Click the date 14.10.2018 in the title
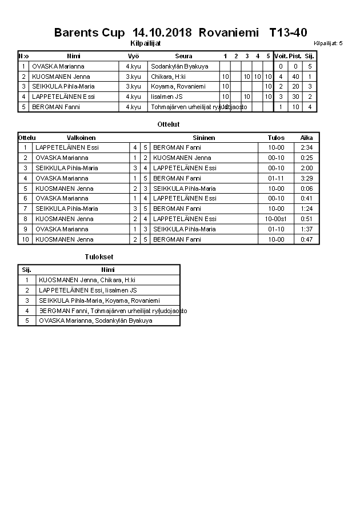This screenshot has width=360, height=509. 163,33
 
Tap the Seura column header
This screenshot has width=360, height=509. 183,56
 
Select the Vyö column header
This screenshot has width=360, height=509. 133,56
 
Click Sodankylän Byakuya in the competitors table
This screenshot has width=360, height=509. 179,66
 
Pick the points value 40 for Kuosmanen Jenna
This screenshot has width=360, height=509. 295,77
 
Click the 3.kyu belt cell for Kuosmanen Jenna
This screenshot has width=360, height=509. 133,77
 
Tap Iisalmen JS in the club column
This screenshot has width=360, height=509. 167,97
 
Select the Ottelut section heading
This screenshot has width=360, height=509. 169,124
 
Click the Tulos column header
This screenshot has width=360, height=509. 276,138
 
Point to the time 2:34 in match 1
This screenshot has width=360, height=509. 306,147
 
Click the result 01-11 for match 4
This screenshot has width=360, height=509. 276,178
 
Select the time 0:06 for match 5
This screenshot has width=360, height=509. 306,189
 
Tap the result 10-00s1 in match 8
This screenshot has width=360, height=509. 276,219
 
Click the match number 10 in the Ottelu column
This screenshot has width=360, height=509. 25,239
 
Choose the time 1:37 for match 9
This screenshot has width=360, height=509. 306,229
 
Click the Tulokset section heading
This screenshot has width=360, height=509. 99,257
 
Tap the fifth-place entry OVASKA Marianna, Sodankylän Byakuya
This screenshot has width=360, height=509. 95,321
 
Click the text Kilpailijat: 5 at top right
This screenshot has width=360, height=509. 328,43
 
